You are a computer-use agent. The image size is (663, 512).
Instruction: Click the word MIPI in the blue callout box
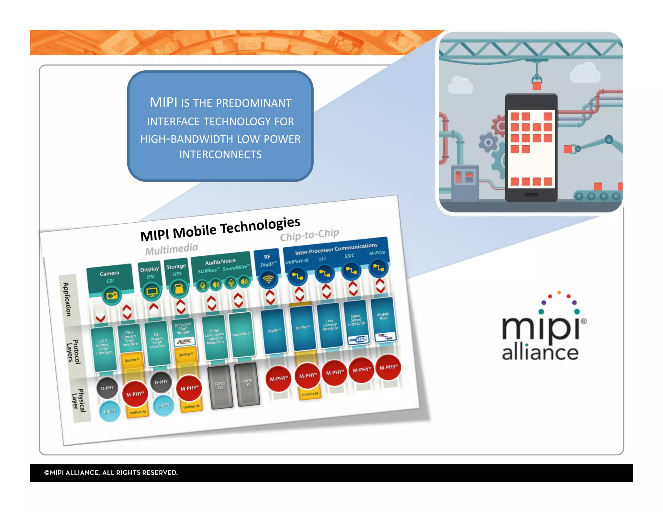(163, 102)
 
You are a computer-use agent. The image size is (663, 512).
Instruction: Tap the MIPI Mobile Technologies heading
(220, 229)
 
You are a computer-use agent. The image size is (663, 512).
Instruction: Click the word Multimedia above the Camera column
(171, 249)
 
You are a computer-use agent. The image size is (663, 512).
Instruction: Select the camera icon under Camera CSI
(112, 295)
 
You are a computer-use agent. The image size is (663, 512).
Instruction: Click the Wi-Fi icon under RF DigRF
(268, 279)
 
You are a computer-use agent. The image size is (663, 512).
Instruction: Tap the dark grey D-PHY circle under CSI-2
(107, 388)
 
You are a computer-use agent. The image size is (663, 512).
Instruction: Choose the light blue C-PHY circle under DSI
(163, 405)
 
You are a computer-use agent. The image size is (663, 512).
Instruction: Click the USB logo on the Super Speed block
(358, 339)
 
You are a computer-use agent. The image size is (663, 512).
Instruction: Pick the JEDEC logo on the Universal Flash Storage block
(184, 341)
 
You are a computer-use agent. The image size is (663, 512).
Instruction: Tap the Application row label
(67, 299)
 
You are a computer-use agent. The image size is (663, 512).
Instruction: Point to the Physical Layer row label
(79, 400)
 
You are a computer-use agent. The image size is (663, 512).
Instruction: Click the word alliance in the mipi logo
(540, 352)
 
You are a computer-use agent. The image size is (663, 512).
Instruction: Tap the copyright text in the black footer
(111, 473)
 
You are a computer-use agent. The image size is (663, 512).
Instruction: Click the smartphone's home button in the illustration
(531, 195)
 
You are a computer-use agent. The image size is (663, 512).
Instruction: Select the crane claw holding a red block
(536, 82)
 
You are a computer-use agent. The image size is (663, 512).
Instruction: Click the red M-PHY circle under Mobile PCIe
(388, 367)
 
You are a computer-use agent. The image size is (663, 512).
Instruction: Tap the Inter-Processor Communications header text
(336, 249)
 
